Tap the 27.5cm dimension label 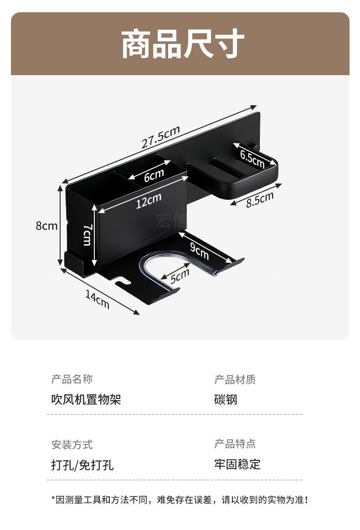tap(160, 136)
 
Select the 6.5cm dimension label tap(252, 158)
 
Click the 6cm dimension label tap(154, 175)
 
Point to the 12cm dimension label tap(149, 201)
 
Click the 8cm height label tap(47, 225)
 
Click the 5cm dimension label tap(180, 275)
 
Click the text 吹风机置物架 tap(86, 400)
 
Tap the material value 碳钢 tap(226, 400)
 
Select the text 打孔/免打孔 tap(82, 465)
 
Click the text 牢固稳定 tap(237, 464)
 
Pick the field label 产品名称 tap(72, 379)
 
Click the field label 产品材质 tap(235, 379)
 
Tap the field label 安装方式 tap(72, 444)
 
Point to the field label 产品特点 tap(235, 443)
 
